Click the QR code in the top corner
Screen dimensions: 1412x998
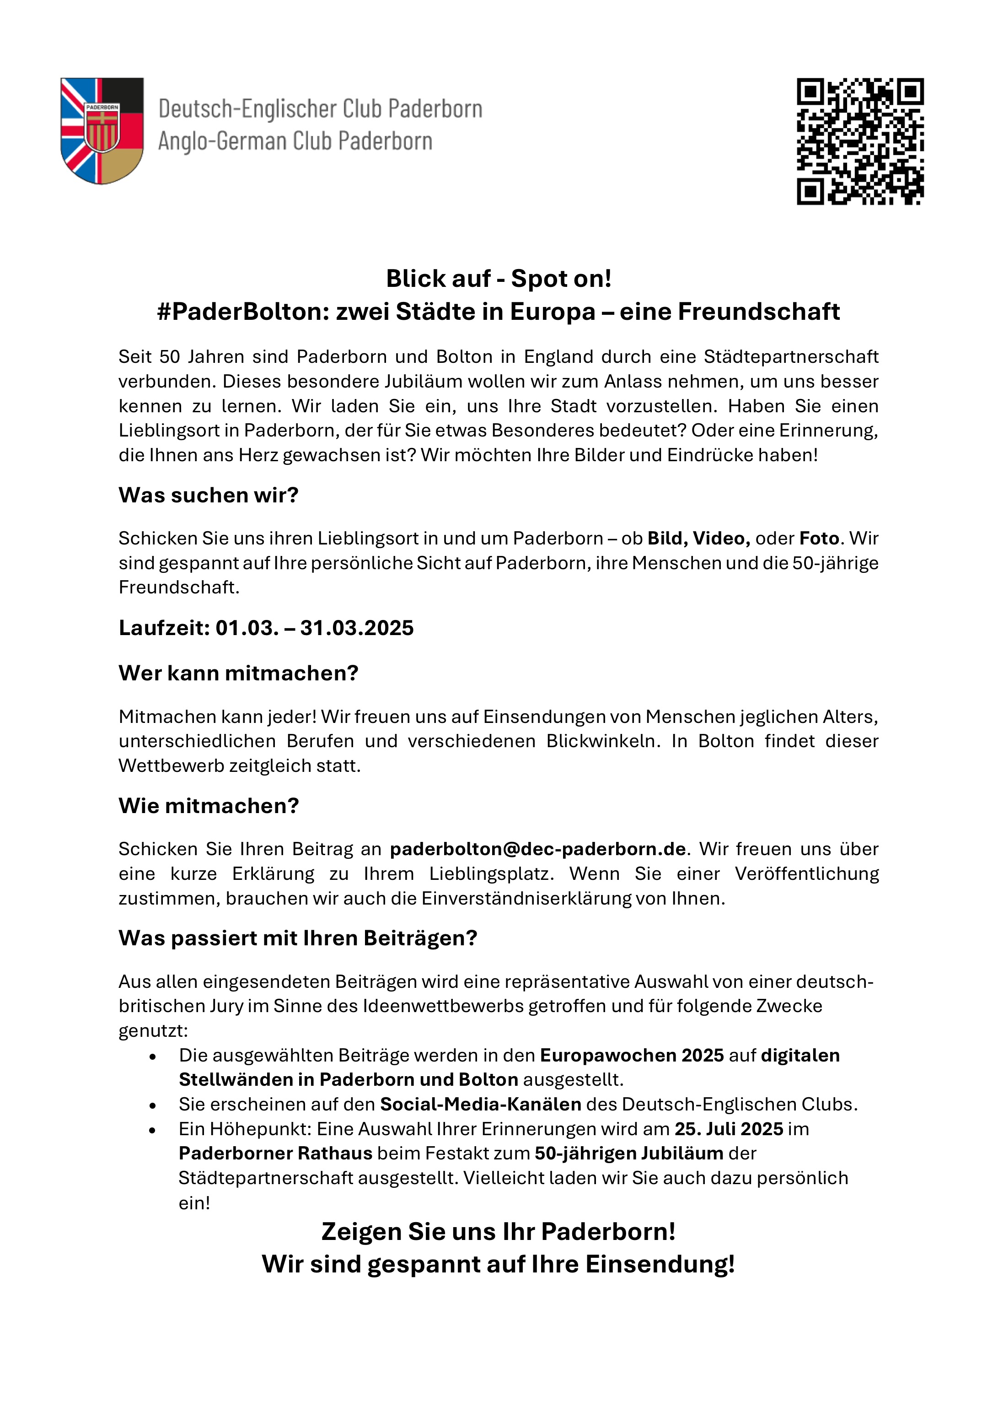(860, 141)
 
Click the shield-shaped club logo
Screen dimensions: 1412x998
(102, 130)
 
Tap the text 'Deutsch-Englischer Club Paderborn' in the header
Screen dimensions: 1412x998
(320, 109)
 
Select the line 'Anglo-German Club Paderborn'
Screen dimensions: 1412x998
(295, 141)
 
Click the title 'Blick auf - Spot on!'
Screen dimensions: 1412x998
(499, 279)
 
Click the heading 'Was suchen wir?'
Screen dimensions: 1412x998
(209, 495)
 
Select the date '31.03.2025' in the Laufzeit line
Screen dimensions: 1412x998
(357, 628)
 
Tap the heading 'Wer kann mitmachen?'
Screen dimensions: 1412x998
(239, 674)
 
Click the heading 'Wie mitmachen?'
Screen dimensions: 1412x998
(209, 806)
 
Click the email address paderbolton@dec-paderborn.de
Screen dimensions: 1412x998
(538, 849)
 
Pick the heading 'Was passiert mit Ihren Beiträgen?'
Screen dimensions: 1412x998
(298, 938)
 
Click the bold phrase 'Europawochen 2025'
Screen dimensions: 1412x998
(632, 1055)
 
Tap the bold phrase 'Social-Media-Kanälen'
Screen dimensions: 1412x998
(480, 1105)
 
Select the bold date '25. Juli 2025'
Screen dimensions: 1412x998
(729, 1129)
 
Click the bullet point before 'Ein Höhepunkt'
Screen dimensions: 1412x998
(152, 1130)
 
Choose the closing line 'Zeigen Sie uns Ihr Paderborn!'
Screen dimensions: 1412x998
(499, 1232)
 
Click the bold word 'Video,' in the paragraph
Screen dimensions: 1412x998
(721, 539)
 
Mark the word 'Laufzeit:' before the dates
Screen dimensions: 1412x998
(164, 628)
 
